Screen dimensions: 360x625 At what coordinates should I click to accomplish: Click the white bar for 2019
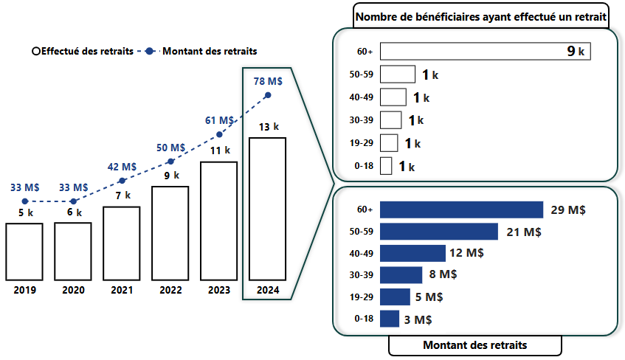(24, 252)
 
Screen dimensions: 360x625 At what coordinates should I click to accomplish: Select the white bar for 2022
(170, 233)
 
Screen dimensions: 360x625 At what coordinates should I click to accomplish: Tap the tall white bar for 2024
(267, 209)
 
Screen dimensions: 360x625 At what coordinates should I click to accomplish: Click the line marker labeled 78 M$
(268, 95)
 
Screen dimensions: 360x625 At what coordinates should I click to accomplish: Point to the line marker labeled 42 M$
(122, 180)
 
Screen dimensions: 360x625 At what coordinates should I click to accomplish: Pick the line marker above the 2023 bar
(219, 134)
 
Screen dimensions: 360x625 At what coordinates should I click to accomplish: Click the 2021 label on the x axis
(122, 290)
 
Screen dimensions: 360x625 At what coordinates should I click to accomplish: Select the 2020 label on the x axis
(73, 290)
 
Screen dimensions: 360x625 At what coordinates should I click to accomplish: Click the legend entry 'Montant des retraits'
(209, 51)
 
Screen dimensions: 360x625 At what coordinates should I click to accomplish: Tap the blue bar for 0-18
(390, 319)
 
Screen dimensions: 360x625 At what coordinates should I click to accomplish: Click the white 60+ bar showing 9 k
(486, 52)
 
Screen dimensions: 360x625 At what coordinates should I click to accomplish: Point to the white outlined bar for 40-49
(393, 97)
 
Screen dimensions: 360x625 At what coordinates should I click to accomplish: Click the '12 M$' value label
(466, 253)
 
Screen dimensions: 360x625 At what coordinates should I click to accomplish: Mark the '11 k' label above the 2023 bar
(219, 150)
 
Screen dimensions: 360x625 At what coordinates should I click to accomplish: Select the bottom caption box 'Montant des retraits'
(474, 345)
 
